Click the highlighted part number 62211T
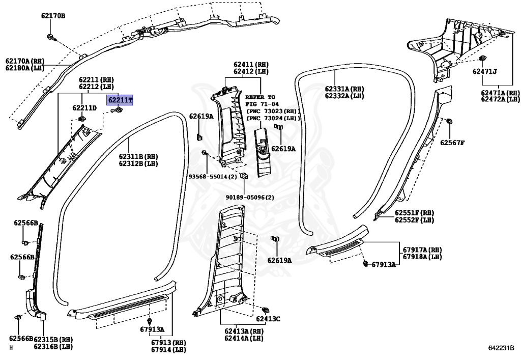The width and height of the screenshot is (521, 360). pyautogui.click(x=120, y=100)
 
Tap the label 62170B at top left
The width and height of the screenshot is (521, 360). pyautogui.click(x=53, y=16)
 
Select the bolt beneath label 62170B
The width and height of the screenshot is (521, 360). pyautogui.click(x=52, y=37)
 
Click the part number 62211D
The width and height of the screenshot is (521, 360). pyautogui.click(x=84, y=108)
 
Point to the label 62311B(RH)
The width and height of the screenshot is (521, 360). pyautogui.click(x=138, y=156)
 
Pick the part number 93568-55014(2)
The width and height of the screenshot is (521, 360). pyautogui.click(x=213, y=176)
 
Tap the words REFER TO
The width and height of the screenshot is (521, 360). pyautogui.click(x=260, y=97)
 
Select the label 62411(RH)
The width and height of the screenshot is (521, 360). pyautogui.click(x=251, y=65)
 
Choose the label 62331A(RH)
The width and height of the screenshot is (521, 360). pyautogui.click(x=344, y=89)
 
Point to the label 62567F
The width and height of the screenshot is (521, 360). pyautogui.click(x=452, y=143)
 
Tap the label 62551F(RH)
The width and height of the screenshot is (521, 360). pyautogui.click(x=414, y=213)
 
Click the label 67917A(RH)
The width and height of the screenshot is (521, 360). pyautogui.click(x=422, y=250)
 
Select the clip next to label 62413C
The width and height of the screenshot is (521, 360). pyautogui.click(x=265, y=310)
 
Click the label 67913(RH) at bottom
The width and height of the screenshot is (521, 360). pyautogui.click(x=168, y=342)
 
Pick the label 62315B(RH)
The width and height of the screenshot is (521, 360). pyautogui.click(x=53, y=339)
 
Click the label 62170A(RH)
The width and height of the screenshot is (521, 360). pyautogui.click(x=24, y=61)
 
